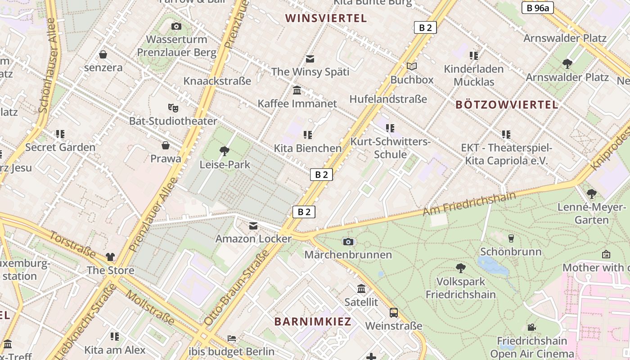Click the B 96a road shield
[537, 8]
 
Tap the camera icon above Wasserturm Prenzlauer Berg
[176, 27]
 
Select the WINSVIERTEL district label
[326, 18]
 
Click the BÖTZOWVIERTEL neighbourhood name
[507, 105]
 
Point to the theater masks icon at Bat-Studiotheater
[173, 108]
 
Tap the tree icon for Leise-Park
[224, 151]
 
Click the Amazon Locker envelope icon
[253, 226]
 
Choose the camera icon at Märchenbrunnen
[348, 242]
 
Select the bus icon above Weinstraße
[394, 312]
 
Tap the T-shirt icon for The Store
[110, 257]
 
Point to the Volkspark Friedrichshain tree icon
[460, 268]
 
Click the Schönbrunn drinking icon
[511, 238]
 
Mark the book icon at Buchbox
[411, 67]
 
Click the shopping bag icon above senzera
[103, 54]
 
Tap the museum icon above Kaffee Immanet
[297, 90]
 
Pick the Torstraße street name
[72, 245]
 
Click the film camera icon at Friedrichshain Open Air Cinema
[531, 327]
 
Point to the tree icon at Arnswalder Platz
[567, 63]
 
